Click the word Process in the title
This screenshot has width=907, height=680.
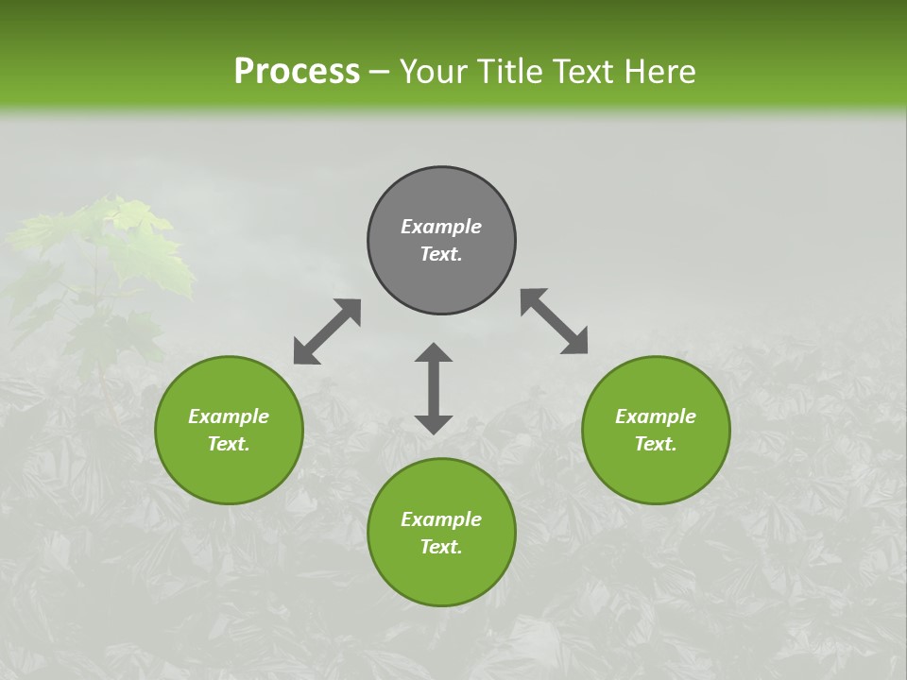pyautogui.click(x=297, y=72)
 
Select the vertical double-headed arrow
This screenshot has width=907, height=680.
pyautogui.click(x=434, y=389)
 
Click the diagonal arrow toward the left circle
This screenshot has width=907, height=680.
pyautogui.click(x=327, y=331)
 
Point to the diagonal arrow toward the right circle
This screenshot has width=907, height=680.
pyautogui.click(x=555, y=321)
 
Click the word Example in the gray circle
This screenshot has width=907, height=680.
pyautogui.click(x=441, y=227)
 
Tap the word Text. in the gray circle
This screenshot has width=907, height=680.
pyautogui.click(x=441, y=254)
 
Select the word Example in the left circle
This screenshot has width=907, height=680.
pyautogui.click(x=229, y=416)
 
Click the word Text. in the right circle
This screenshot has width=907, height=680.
pyautogui.click(x=656, y=444)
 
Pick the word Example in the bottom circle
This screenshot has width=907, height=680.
pyautogui.click(x=441, y=519)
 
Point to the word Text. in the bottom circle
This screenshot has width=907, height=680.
pyautogui.click(x=441, y=547)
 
